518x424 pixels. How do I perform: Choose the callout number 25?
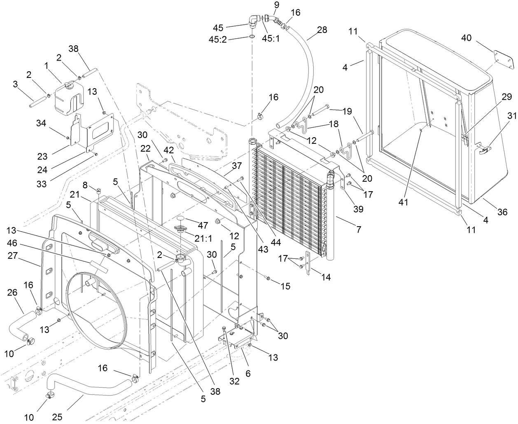point(57,417)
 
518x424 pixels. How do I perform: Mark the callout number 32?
point(234,381)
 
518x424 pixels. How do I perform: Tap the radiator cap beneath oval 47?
point(180,229)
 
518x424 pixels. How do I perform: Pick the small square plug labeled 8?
point(99,190)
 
